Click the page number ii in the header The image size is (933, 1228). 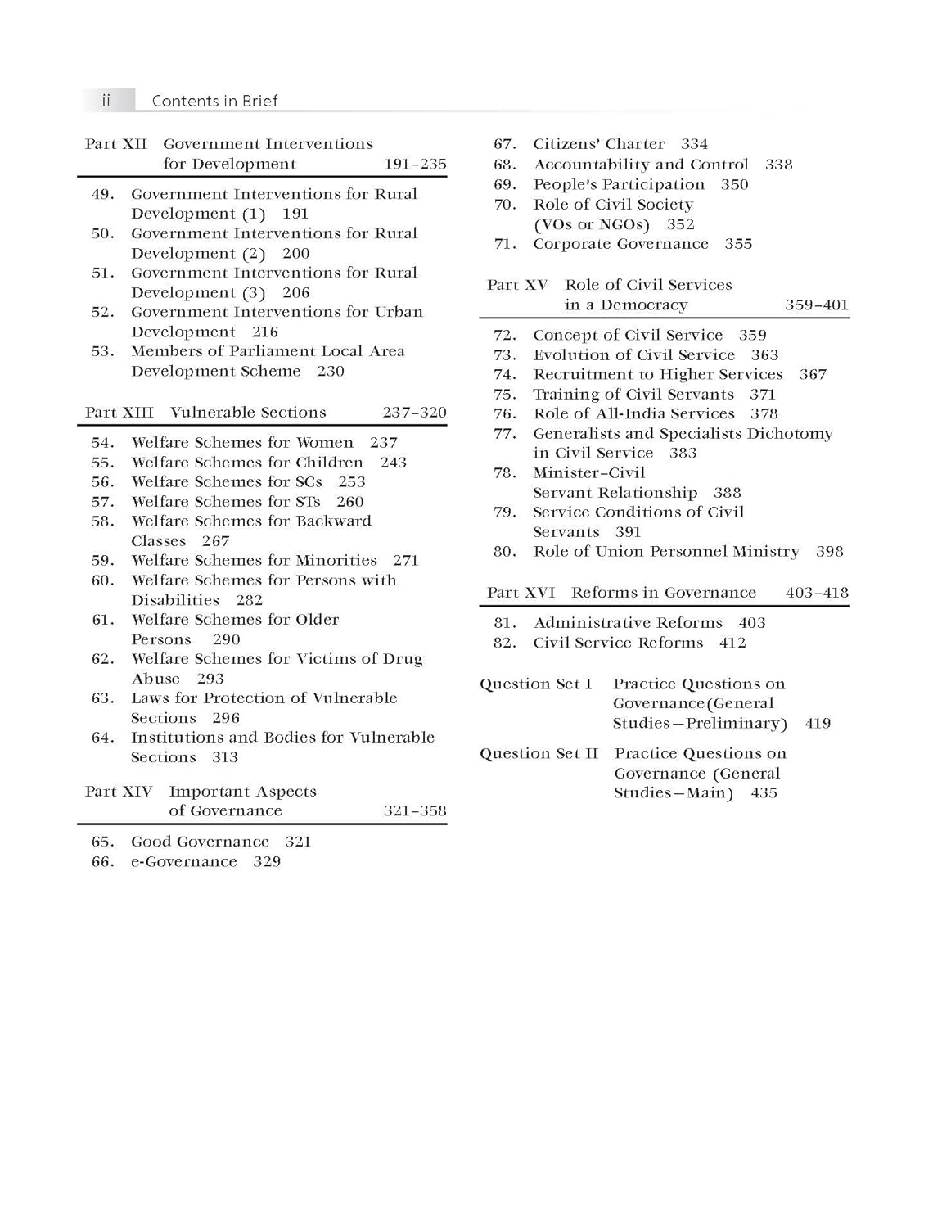point(106,100)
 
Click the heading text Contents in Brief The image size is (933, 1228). point(214,101)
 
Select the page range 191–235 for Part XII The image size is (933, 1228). point(415,164)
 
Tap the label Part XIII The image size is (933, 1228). point(119,413)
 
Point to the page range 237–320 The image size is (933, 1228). point(414,413)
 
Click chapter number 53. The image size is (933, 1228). point(102,351)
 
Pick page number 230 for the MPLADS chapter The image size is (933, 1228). point(331,371)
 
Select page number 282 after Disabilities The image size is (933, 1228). point(249,600)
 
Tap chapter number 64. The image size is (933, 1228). point(102,738)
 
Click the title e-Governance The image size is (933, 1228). point(184,861)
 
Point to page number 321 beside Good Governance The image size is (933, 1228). point(298,842)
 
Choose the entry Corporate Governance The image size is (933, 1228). point(620,244)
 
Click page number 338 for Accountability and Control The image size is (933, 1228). point(778,165)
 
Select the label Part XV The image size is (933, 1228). point(517,285)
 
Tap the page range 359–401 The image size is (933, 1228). point(816,305)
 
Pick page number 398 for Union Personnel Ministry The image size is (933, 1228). point(829,552)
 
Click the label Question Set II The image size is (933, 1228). point(539,753)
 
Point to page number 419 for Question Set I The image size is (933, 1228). point(818,724)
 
